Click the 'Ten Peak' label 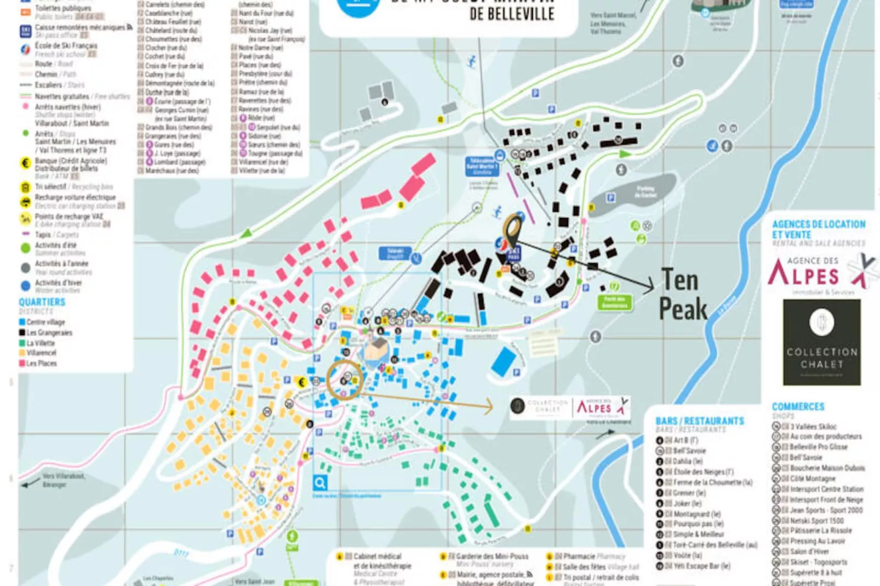(x=682, y=295)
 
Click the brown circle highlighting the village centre (x=345, y=379)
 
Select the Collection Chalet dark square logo (x=821, y=342)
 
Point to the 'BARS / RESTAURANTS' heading (x=700, y=421)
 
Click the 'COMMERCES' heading (x=798, y=407)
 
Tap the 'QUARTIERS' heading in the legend (x=42, y=302)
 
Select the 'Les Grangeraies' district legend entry (x=49, y=332)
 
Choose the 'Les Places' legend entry (x=41, y=363)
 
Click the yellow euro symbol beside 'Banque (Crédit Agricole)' (x=25, y=163)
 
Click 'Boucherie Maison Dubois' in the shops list (x=827, y=468)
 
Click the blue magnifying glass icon (x=320, y=482)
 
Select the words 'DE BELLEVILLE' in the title (x=512, y=14)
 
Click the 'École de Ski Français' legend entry (x=66, y=46)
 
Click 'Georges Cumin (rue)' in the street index (x=181, y=110)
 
